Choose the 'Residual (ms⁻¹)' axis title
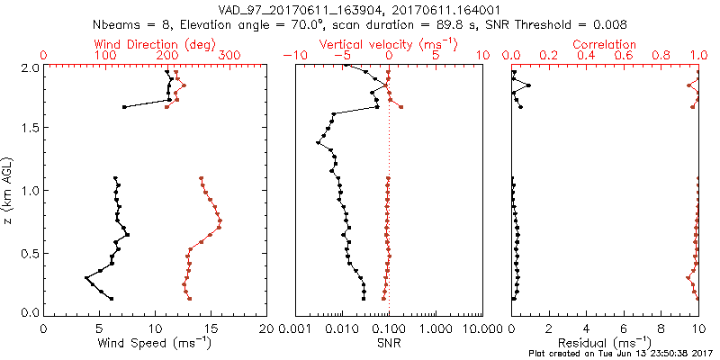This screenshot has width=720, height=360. pyautogui.click(x=605, y=343)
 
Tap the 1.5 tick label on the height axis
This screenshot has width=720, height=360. pyautogui.click(x=30, y=128)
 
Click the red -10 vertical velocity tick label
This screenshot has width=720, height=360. pyautogui.click(x=292, y=56)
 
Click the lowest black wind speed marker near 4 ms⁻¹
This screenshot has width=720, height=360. pyautogui.click(x=86, y=278)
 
